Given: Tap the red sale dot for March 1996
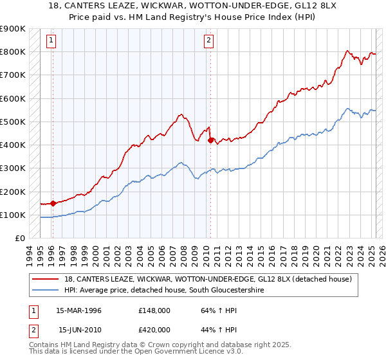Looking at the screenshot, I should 53,203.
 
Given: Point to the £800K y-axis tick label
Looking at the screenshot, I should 13,51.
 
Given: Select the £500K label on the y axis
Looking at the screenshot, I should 13,122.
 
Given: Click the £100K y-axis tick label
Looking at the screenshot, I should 13,215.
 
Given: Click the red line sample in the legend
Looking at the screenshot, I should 48,279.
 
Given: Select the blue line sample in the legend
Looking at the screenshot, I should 48,291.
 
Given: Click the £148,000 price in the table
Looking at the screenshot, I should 153,310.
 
